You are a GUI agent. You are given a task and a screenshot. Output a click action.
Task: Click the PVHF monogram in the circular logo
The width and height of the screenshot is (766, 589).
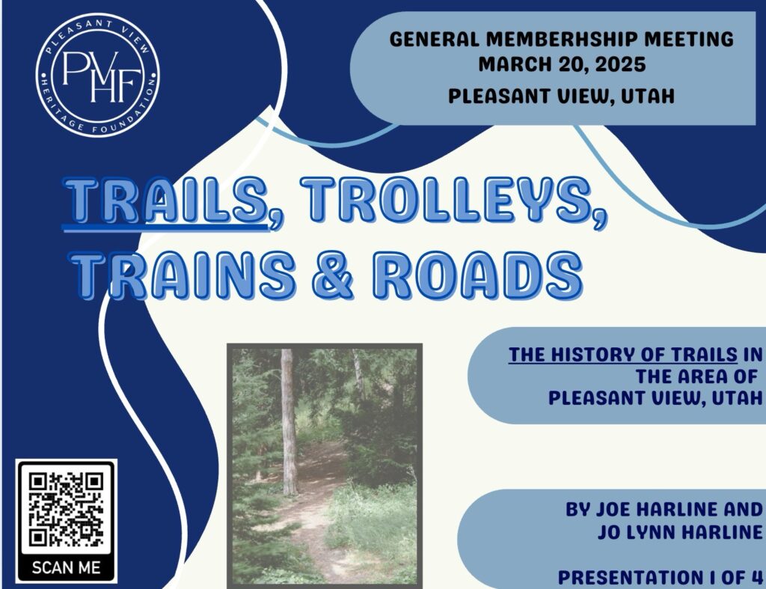(101, 76)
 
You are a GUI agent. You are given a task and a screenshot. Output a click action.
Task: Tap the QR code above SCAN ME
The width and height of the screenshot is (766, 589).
(66, 509)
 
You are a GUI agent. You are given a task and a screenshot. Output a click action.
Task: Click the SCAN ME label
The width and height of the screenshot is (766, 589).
(66, 567)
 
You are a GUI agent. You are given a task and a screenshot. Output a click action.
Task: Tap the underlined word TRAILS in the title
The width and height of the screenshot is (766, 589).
(167, 201)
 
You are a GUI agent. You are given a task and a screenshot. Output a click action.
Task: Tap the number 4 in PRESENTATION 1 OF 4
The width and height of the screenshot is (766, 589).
(756, 577)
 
